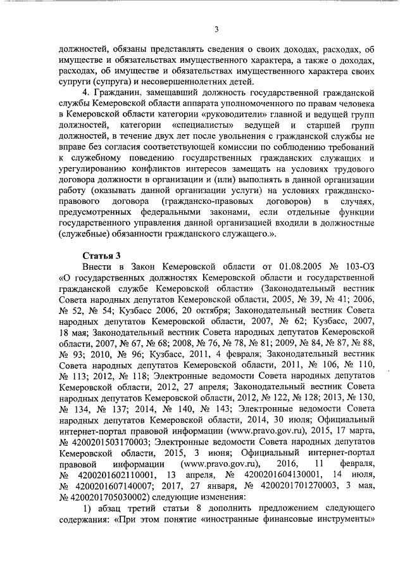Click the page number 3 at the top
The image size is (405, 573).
[x=216, y=28]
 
